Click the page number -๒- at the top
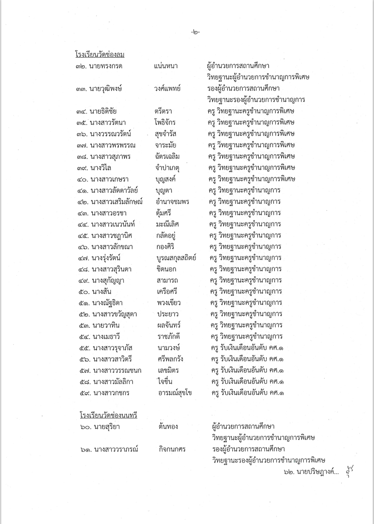195,32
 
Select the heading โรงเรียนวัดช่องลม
96,55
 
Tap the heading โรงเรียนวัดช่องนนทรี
108,415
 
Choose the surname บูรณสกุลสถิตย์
176,258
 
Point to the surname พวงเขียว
169,303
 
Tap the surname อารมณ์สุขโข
174,393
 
